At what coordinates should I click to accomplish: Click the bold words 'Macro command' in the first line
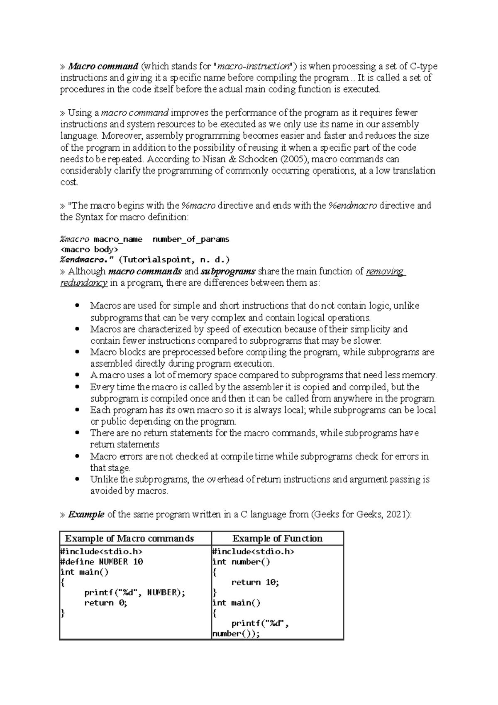click(x=103, y=66)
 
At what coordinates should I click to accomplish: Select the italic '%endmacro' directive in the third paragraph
click(x=353, y=206)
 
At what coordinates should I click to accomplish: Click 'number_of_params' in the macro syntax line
click(x=191, y=240)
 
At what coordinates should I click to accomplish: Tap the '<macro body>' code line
click(x=89, y=250)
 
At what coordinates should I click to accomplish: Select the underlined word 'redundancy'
click(x=84, y=283)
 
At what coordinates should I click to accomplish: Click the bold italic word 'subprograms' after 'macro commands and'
click(x=228, y=272)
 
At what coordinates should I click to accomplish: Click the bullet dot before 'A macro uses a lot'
click(x=77, y=375)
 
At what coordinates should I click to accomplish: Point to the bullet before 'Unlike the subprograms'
click(x=77, y=479)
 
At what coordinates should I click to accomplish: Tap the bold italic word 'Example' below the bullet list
click(x=86, y=514)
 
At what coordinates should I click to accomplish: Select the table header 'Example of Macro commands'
click(x=129, y=539)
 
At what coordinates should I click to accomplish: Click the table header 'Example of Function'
click(x=277, y=539)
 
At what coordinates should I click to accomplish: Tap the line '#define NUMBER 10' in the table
click(x=102, y=562)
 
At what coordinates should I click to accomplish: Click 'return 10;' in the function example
click(x=255, y=583)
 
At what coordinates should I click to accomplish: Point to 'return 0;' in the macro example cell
click(x=105, y=603)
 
